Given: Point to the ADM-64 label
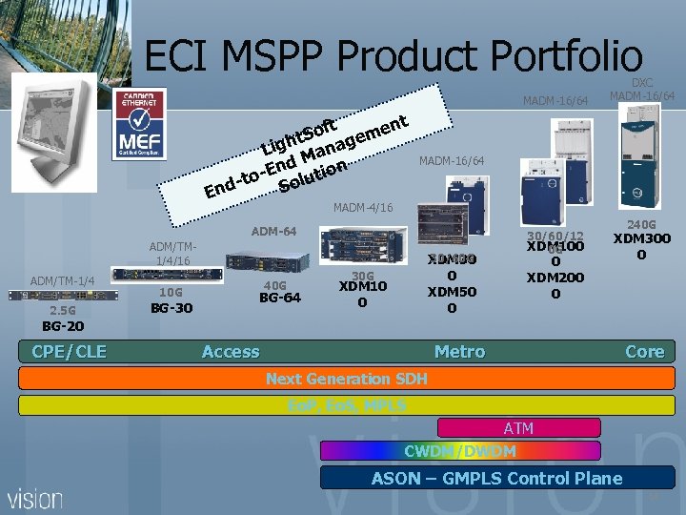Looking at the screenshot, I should click(273, 231).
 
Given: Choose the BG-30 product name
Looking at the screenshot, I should click(171, 307).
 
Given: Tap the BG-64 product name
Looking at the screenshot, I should click(280, 297).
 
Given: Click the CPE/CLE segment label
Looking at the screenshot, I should click(69, 352).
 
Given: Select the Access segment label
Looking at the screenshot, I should click(231, 352).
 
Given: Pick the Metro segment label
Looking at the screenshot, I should click(459, 352).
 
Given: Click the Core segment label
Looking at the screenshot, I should click(644, 352).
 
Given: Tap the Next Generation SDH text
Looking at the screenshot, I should click(347, 379).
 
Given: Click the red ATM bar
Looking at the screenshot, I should click(518, 428).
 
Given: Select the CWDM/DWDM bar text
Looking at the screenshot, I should click(460, 451).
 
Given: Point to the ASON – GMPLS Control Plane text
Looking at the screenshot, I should click(496, 478).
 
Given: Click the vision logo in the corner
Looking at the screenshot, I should click(35, 498).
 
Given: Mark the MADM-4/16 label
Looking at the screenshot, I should click(361, 207).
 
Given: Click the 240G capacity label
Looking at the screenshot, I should click(640, 222).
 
